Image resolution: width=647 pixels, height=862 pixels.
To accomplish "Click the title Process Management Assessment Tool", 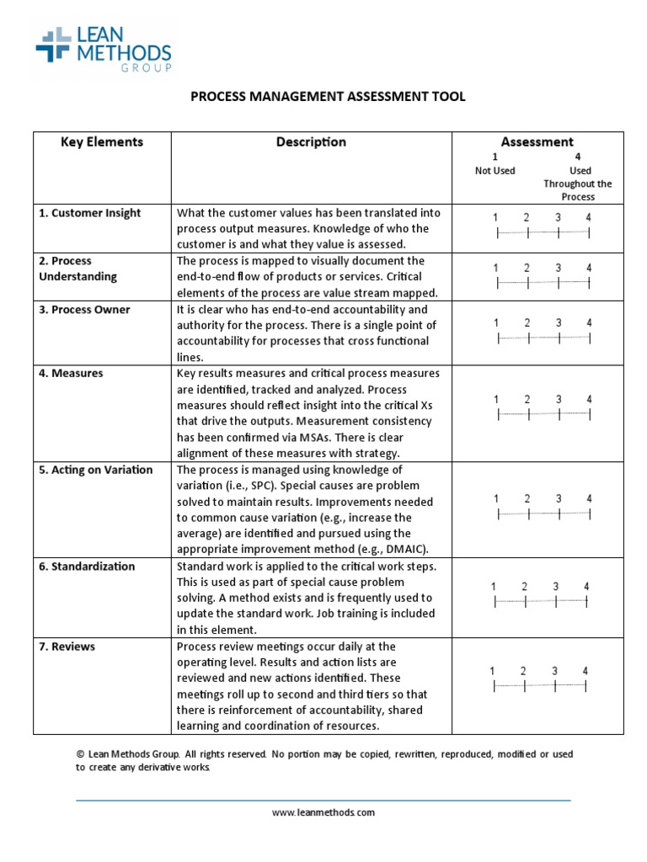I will [328, 97].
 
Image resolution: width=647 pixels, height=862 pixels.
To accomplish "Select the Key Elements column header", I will [102, 142].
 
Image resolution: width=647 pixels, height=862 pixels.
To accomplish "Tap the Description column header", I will [311, 142].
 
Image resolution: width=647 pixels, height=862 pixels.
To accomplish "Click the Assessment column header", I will [537, 142].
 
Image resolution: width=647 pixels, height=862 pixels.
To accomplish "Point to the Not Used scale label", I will [495, 171].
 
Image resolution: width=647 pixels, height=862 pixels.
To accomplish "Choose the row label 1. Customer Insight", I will [88, 213].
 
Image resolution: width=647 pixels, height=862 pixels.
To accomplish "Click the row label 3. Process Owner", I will [84, 310].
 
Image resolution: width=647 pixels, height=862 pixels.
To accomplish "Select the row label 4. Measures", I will [71, 373].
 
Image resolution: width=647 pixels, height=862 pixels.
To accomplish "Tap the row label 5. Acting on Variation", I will [96, 470].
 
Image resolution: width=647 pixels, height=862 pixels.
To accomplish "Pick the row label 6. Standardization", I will [87, 567].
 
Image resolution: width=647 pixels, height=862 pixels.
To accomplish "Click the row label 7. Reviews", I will [67, 646].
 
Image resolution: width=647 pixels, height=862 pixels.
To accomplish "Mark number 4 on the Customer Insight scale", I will [589, 218].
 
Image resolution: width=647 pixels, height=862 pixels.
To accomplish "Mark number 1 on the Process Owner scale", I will [497, 322].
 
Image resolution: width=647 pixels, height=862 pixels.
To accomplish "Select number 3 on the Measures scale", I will [558, 399].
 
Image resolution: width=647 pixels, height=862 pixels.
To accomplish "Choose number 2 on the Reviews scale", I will [523, 671].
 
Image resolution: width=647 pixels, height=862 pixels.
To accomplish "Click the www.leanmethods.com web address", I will [323, 812].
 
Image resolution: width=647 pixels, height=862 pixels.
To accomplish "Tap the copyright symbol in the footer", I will [80, 754].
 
